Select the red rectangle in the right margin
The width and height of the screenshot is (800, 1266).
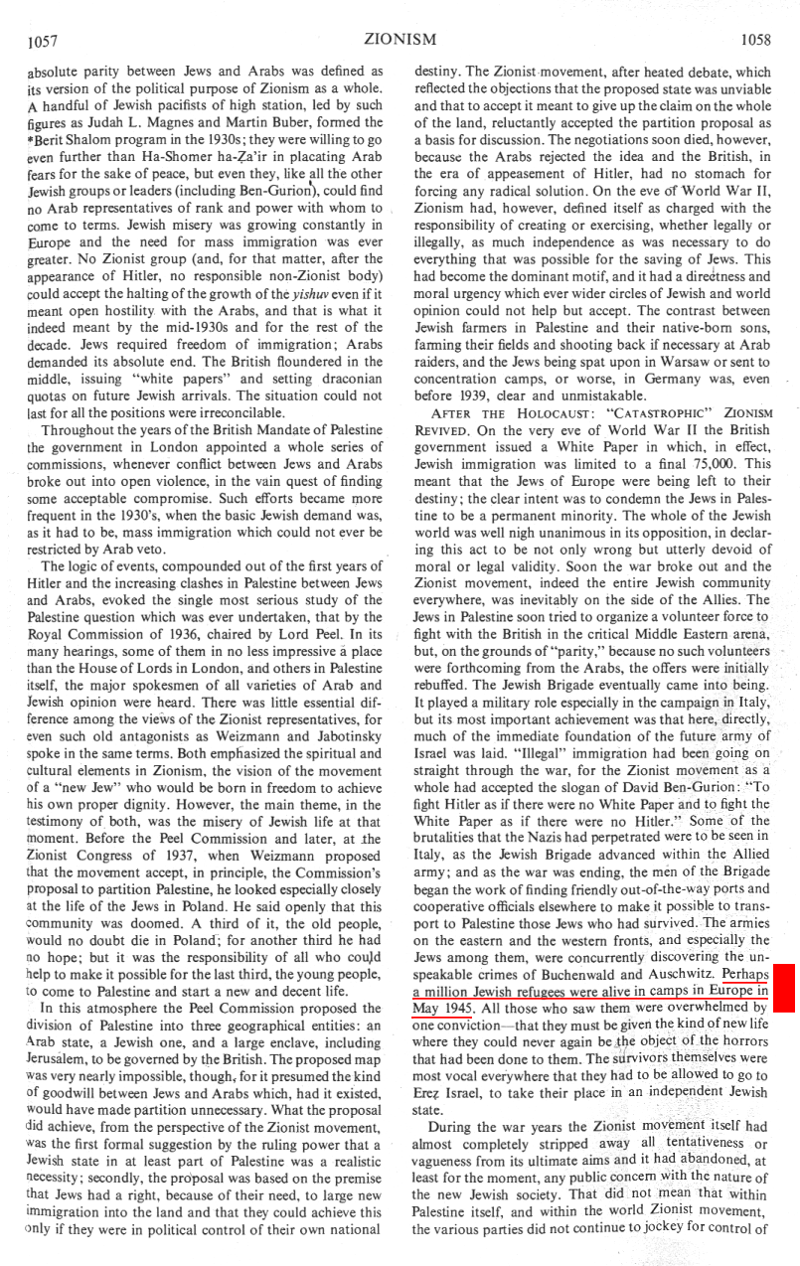point(783,988)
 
